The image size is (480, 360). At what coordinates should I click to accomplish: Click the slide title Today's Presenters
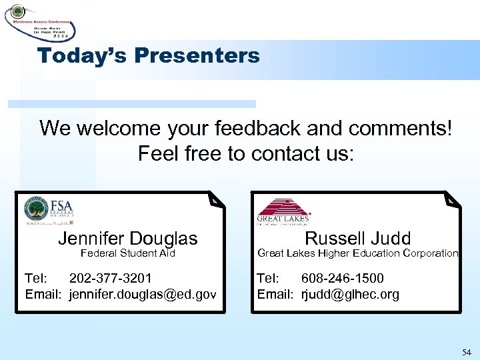pos(149,56)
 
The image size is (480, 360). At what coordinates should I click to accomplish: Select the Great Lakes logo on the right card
pos(283,210)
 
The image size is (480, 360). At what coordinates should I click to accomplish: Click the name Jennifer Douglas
pos(128,239)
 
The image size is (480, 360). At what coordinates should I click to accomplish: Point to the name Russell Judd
pos(357,239)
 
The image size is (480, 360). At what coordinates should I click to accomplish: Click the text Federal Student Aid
pos(128,253)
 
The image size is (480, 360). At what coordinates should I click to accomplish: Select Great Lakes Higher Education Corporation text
pos(357,253)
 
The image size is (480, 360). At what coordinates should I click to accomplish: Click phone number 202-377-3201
pos(111,278)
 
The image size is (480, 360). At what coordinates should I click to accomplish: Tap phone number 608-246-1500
pos(343,278)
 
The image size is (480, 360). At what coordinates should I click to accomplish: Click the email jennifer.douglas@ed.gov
pos(143,294)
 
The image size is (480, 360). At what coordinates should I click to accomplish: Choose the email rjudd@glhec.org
pos(350,294)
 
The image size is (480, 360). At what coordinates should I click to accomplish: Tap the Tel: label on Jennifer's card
pos(36,278)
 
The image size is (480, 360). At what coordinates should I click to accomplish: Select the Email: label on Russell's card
pos(275,294)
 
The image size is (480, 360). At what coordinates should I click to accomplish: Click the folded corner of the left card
pos(215,199)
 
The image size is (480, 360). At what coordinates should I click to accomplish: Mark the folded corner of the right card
pos(453,199)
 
